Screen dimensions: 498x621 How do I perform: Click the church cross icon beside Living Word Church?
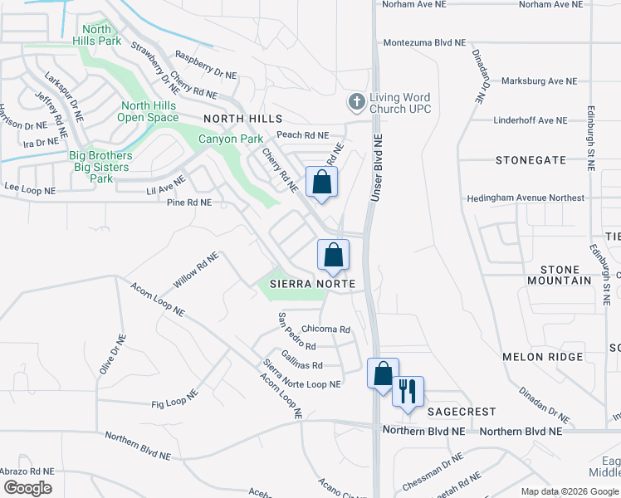pos(357,103)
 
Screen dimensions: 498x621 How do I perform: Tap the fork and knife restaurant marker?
pos(408,391)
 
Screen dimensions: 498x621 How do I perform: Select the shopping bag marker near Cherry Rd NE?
pos(322,183)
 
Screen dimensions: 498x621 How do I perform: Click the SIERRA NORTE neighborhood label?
pos(312,284)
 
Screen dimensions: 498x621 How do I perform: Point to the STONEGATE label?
pos(531,159)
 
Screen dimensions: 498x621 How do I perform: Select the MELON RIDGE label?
pos(534,356)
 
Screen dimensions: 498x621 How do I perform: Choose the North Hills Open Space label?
pos(149,111)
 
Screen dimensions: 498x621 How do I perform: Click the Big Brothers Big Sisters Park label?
pos(100,167)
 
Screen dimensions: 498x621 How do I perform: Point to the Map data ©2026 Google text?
pos(569,491)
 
